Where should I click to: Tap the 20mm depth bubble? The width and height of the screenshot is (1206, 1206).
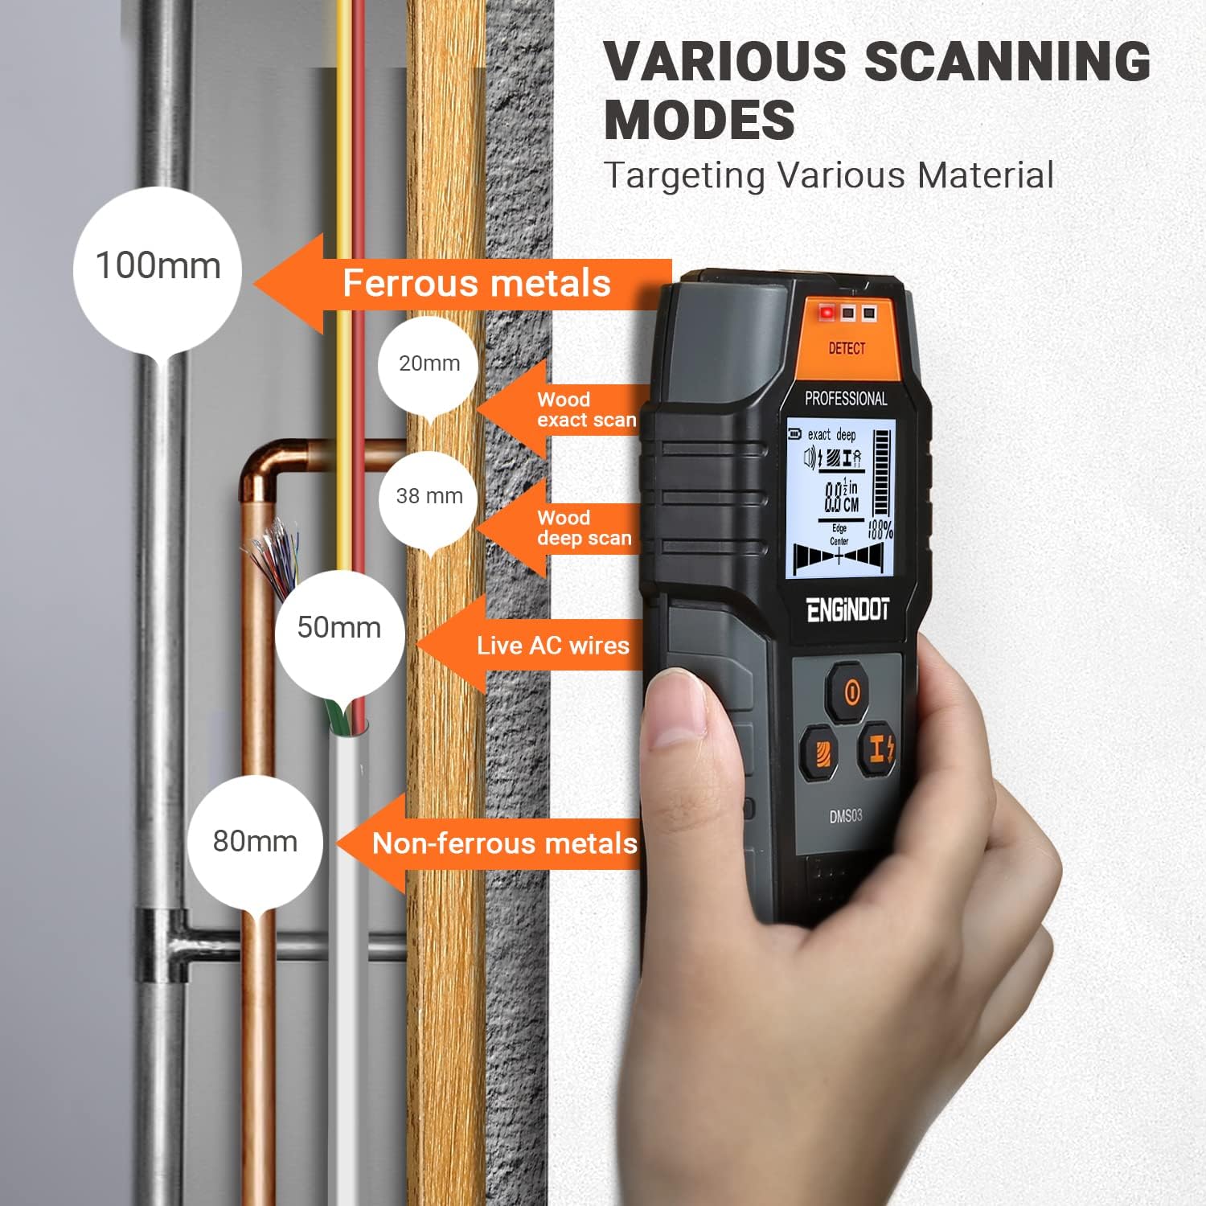(x=429, y=366)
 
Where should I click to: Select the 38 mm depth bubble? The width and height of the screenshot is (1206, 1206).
(x=429, y=498)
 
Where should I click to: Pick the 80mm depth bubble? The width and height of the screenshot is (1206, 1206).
(x=255, y=843)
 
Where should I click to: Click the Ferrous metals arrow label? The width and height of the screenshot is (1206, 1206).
(x=477, y=284)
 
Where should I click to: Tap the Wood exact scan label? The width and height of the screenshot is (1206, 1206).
(x=586, y=410)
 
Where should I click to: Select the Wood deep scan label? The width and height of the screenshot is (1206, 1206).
(x=585, y=528)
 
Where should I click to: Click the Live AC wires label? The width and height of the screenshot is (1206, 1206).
(x=552, y=646)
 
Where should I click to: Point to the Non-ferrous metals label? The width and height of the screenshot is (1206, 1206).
(x=505, y=843)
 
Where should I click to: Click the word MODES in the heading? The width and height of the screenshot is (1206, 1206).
(x=699, y=121)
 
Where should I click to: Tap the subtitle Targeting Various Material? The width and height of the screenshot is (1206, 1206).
(x=829, y=175)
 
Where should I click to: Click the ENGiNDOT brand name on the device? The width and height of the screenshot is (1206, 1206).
(x=847, y=610)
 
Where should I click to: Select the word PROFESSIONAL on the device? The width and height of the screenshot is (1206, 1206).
(x=846, y=399)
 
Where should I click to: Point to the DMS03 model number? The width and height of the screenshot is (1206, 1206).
(x=846, y=816)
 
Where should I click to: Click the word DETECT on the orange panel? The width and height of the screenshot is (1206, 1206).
(x=847, y=348)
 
